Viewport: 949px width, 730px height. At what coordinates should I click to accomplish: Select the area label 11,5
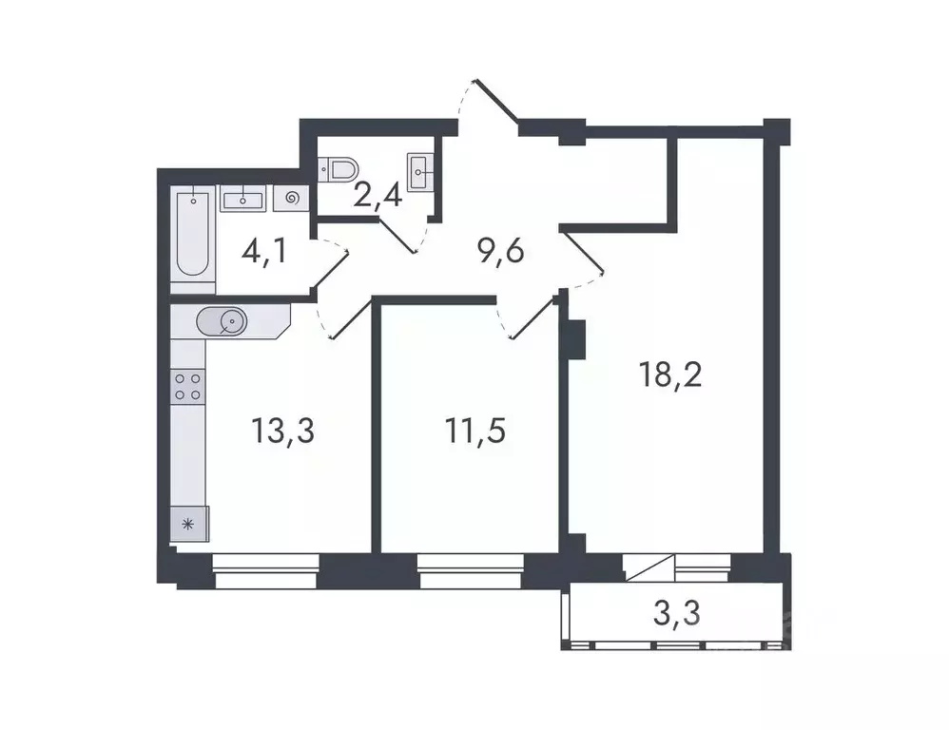click(x=475, y=431)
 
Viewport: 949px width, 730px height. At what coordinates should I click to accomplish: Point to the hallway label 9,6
click(x=501, y=253)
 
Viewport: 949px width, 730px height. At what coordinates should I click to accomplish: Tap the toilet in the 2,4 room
click(x=339, y=169)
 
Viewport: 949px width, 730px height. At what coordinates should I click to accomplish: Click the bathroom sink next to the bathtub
click(x=244, y=198)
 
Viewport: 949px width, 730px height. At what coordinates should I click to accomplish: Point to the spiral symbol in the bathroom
click(x=291, y=198)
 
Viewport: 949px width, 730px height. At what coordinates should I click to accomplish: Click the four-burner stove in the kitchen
click(x=187, y=385)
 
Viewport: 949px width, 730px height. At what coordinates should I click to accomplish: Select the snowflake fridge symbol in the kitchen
click(x=188, y=523)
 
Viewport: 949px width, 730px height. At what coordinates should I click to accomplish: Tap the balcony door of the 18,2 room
click(x=649, y=568)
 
